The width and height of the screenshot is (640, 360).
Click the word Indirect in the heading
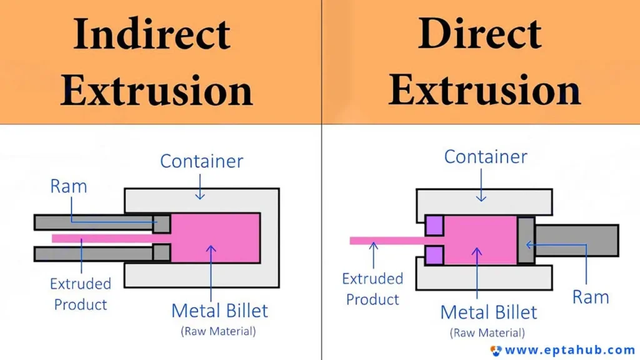152,34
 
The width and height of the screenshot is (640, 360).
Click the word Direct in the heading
480,34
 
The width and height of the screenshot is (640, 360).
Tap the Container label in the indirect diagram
202,161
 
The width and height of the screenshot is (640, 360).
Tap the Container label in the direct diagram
486,157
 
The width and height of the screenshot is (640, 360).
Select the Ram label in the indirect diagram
69,186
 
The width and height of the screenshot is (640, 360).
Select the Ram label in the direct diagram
591,297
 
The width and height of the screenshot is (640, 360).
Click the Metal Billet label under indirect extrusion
219,311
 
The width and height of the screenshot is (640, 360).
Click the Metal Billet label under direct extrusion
489,312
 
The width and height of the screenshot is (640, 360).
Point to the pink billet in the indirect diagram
216,238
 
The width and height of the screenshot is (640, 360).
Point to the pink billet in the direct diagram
481,241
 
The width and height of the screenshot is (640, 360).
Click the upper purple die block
434,226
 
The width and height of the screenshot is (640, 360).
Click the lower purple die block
434,256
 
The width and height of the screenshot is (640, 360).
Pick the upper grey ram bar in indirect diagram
102,223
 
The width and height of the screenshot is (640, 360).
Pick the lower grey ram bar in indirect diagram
102,253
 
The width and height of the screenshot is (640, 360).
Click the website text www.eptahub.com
570,350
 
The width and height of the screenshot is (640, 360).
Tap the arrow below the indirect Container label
200,187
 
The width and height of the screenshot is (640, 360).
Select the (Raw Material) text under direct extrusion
487,332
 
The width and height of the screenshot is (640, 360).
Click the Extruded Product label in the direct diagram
372,289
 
